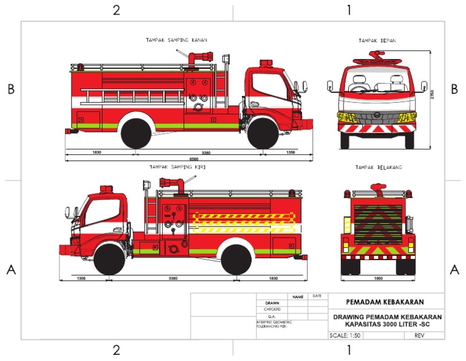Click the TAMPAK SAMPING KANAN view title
[x=176, y=40]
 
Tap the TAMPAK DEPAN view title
[x=377, y=40]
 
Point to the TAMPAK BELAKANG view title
[x=379, y=167]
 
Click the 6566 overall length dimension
[x=194, y=158]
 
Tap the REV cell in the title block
[x=419, y=335]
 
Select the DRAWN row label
[x=272, y=303]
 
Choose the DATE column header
[x=317, y=296]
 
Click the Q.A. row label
[x=272, y=316]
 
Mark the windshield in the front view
[x=377, y=82]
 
